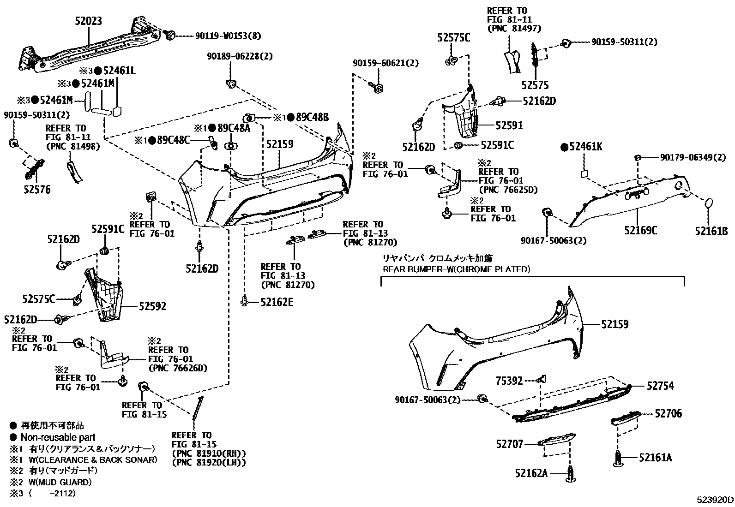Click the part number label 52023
pyautogui.click(x=88, y=21)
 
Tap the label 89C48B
pyautogui.click(x=312, y=117)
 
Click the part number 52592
pyautogui.click(x=152, y=306)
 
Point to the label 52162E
pyautogui.click(x=277, y=302)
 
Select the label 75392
pyautogui.click(x=509, y=381)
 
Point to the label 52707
pyautogui.click(x=510, y=444)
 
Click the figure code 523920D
pyautogui.click(x=715, y=500)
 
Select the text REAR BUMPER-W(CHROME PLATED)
pyautogui.click(x=456, y=269)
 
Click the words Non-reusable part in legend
pyautogui.click(x=58, y=437)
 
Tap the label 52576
pyautogui.click(x=36, y=190)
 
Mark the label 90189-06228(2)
pyautogui.click(x=240, y=56)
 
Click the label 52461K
pyautogui.click(x=585, y=148)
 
